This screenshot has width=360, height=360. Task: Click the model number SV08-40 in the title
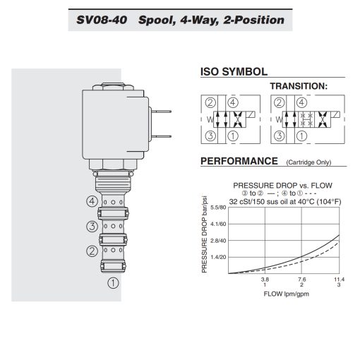(102, 19)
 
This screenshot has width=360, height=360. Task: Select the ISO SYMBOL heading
(234, 71)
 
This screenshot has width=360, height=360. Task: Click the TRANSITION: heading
(299, 86)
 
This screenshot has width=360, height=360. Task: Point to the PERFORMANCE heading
(239, 161)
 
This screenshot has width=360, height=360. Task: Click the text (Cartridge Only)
(308, 162)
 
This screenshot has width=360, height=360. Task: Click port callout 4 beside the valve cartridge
(91, 201)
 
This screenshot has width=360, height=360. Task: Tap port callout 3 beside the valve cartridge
(91, 227)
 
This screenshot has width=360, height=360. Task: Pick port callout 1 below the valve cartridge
(111, 284)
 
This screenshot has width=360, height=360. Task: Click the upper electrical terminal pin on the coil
(163, 111)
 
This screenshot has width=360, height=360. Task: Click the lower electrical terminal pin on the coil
(163, 136)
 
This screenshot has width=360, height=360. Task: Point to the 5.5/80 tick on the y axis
(217, 208)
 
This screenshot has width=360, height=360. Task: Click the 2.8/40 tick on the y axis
(217, 241)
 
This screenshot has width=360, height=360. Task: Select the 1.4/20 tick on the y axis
(217, 257)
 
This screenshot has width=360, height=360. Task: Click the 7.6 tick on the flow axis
(301, 280)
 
